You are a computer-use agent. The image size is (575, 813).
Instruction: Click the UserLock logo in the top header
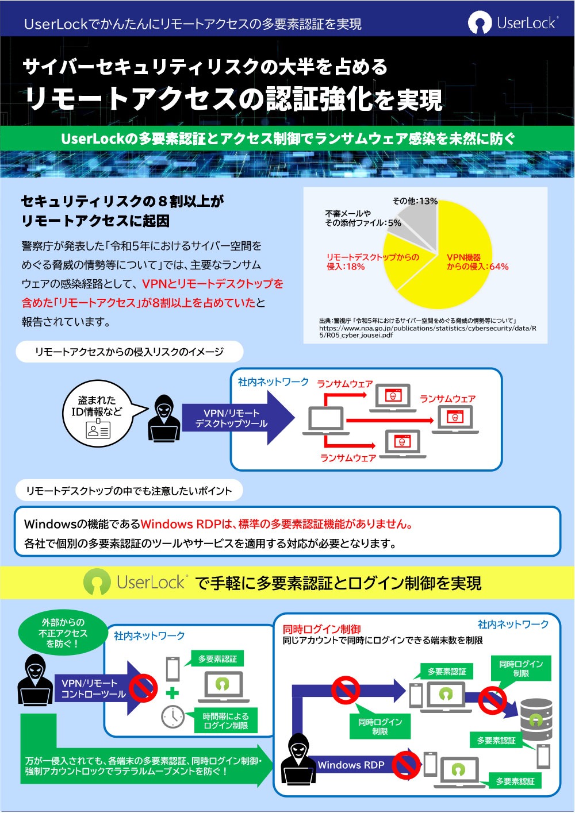tap(512, 23)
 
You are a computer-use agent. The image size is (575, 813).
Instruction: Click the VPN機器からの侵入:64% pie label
tap(477, 262)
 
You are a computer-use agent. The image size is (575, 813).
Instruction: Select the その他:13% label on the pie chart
tap(415, 201)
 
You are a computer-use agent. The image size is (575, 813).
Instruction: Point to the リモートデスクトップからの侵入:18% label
tap(373, 262)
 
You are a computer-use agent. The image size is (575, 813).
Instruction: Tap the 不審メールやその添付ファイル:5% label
tap(363, 218)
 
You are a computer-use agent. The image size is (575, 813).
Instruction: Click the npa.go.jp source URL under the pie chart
tap(428, 332)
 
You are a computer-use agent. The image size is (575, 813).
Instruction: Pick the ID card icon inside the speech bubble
tap(98, 429)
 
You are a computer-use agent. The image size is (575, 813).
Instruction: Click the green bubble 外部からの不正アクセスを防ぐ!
tap(63, 633)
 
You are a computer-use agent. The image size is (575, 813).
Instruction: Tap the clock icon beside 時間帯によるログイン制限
tap(172, 717)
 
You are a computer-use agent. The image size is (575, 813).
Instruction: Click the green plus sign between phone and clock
tap(172, 693)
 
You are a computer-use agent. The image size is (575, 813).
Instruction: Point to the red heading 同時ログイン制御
tap(321, 629)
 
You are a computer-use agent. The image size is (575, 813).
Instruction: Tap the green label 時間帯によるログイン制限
tap(225, 721)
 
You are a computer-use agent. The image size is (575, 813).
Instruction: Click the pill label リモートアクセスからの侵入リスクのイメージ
tap(129, 351)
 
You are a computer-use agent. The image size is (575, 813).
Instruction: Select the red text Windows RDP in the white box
tap(181, 524)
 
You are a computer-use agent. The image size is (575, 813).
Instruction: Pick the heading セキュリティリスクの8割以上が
tap(123, 201)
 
